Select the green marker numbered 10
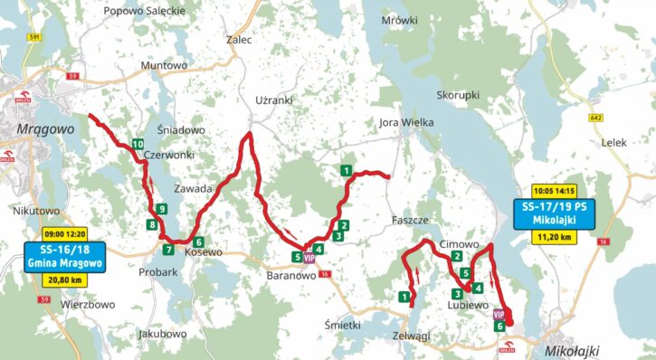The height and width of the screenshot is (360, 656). click(x=137, y=145)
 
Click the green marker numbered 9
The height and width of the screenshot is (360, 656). click(x=160, y=210)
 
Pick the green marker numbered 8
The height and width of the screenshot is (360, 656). click(x=150, y=223)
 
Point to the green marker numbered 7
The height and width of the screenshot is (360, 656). click(x=167, y=250)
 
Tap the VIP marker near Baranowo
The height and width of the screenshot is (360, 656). click(x=309, y=258)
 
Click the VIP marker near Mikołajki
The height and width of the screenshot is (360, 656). click(x=499, y=314)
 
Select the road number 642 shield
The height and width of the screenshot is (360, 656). click(x=594, y=118)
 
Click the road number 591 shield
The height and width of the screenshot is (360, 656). click(x=34, y=37)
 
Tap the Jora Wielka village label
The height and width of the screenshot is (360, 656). click(x=406, y=122)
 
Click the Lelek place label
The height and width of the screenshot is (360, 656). click(x=613, y=143)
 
